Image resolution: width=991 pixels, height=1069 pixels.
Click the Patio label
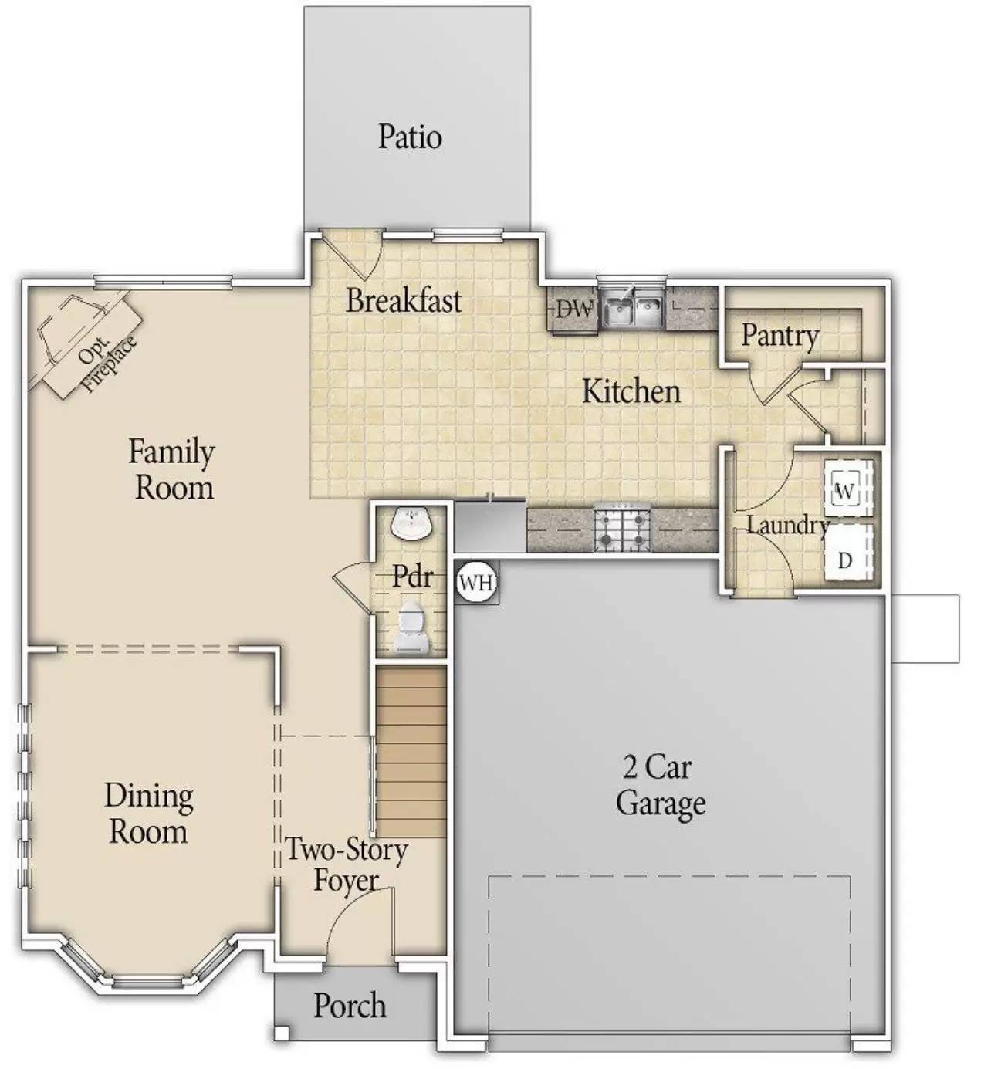click(410, 137)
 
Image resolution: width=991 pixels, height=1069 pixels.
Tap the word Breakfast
click(404, 300)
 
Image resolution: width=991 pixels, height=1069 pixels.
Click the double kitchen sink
click(632, 310)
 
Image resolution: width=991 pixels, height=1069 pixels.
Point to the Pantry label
click(780, 335)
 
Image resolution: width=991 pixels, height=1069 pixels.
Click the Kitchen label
click(631, 391)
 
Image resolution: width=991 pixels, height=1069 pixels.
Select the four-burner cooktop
click(622, 529)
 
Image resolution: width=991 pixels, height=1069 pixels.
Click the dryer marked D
click(846, 560)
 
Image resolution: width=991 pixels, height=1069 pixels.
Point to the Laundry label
click(786, 526)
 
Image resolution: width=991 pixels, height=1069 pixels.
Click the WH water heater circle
click(476, 583)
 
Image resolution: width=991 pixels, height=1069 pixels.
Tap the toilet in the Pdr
click(411, 628)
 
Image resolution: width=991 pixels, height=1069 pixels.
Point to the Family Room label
click(172, 469)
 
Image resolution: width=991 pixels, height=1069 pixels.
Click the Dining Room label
click(148, 814)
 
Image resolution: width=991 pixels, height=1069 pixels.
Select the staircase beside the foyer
click(411, 752)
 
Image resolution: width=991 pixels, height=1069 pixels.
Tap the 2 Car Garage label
click(660, 786)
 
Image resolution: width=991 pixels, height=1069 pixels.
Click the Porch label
click(350, 1006)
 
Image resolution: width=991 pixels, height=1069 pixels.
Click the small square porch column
click(282, 1032)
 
